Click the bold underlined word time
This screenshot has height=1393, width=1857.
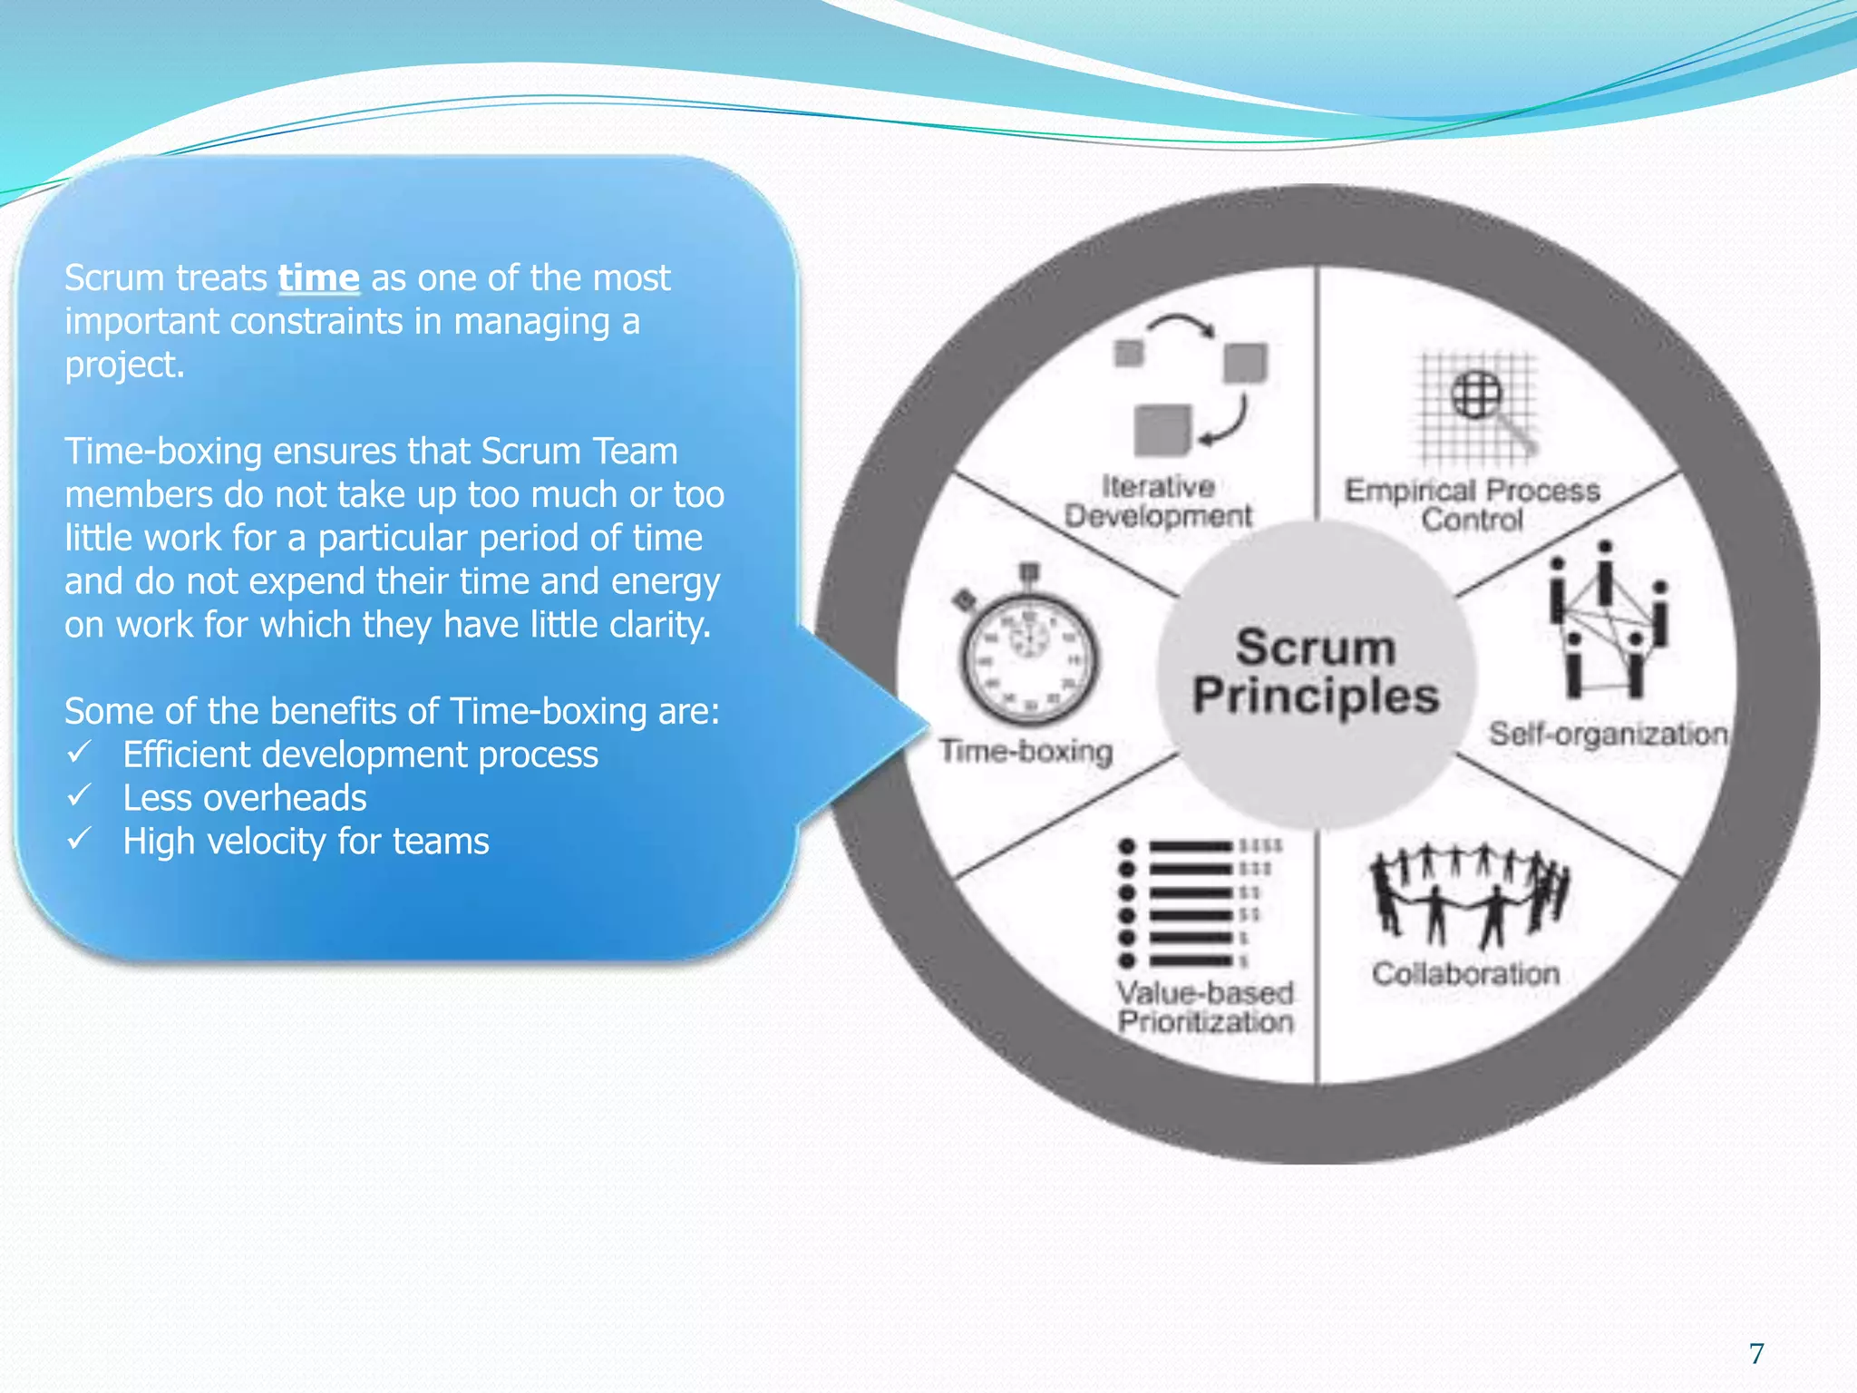(x=318, y=278)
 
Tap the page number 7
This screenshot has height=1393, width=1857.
(x=1756, y=1353)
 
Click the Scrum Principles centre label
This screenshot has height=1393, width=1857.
(x=1316, y=672)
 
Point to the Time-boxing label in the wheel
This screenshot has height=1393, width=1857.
(x=1026, y=751)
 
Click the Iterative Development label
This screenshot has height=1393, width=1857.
(x=1158, y=502)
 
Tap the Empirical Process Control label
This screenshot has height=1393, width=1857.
(x=1472, y=504)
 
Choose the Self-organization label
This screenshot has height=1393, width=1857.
(x=1607, y=734)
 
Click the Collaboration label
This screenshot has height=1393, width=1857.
(x=1465, y=973)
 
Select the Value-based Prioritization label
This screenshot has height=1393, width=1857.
(x=1206, y=1007)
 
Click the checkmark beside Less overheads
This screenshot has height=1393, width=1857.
(x=80, y=796)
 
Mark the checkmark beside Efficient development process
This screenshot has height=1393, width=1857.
(x=80, y=753)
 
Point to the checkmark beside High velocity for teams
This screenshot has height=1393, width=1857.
(x=80, y=839)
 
